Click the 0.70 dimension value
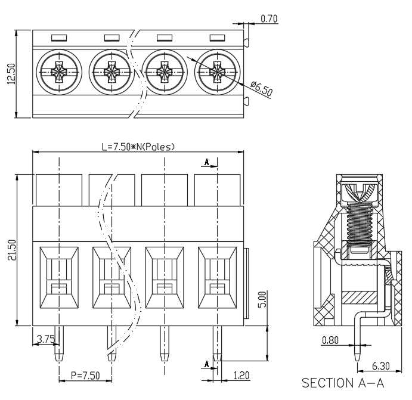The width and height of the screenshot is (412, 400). click(x=269, y=18)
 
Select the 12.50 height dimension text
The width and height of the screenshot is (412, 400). click(x=11, y=73)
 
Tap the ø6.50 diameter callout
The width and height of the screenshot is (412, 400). click(x=261, y=88)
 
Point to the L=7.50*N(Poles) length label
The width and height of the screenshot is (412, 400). click(x=138, y=147)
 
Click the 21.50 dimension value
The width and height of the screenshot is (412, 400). click(x=12, y=250)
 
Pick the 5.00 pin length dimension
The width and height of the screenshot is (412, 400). click(x=262, y=299)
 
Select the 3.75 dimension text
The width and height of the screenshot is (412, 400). click(x=46, y=339)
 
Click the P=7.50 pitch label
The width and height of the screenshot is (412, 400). click(x=85, y=376)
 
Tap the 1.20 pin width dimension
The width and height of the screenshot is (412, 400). click(x=241, y=376)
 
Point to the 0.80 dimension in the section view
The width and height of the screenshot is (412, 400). click(x=330, y=340)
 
